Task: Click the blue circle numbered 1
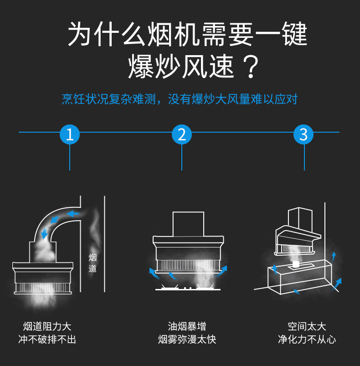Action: click(70, 134)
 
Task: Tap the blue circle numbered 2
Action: click(182, 134)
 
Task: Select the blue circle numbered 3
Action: click(304, 134)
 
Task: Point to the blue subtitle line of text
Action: click(180, 99)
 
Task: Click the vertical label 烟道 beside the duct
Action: click(93, 263)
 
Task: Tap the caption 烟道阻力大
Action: click(47, 326)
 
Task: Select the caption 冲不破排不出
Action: click(47, 340)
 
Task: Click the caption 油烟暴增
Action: click(187, 326)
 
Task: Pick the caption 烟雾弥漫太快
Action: click(187, 340)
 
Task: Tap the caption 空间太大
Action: click(307, 326)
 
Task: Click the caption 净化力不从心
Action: click(307, 340)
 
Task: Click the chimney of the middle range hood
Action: click(188, 223)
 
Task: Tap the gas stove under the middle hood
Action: click(187, 289)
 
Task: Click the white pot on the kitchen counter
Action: click(296, 264)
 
